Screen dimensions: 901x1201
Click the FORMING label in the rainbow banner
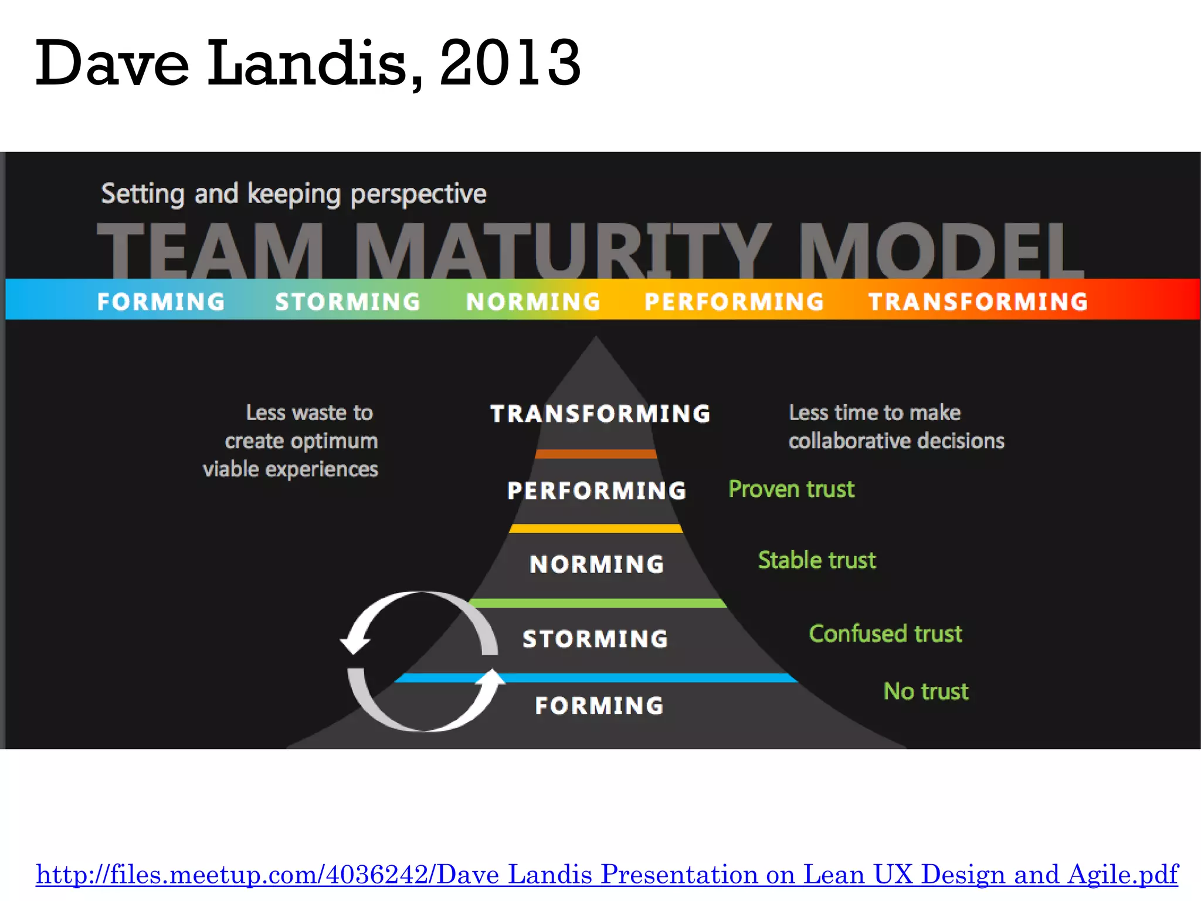[161, 302]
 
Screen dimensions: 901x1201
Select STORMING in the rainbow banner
[348, 302]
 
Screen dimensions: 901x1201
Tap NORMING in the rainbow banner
[533, 302]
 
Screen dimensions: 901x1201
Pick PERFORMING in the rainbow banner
[734, 302]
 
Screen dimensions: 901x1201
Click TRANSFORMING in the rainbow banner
[978, 302]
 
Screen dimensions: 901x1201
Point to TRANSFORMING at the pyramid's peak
[600, 414]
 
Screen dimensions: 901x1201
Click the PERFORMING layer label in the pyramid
[596, 490]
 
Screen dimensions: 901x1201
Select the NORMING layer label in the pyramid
[596, 564]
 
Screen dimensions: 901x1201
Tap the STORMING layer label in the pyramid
[595, 638]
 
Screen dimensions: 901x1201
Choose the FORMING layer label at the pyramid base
[599, 705]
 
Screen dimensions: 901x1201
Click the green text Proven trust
[791, 489]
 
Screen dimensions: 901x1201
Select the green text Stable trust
[817, 560]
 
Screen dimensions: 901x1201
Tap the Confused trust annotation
[886, 634]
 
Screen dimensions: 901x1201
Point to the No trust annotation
[926, 691]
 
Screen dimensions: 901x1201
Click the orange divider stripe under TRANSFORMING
[595, 454]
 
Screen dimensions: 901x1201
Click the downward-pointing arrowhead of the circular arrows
[355, 644]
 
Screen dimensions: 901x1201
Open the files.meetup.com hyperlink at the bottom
[607, 874]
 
